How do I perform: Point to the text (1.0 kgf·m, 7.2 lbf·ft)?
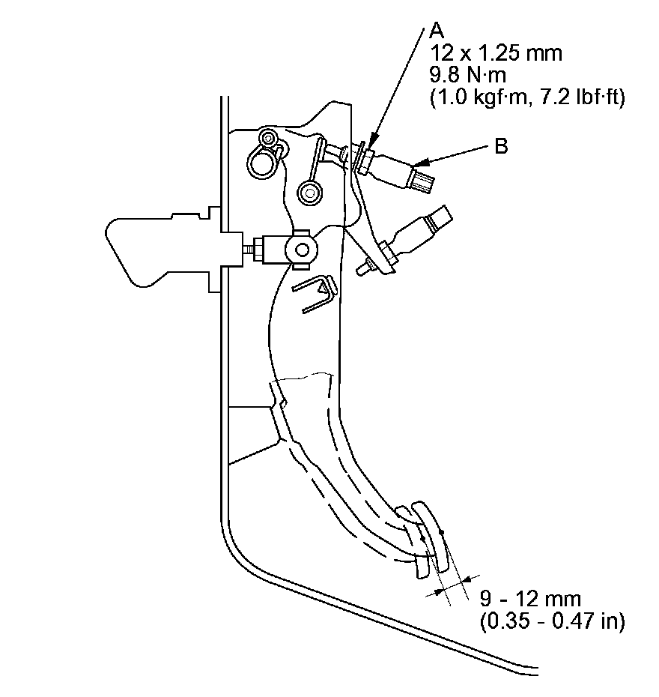coord(527,98)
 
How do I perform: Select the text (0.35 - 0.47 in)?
coord(550,621)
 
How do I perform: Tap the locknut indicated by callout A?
coord(364,159)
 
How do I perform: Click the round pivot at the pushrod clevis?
coord(302,248)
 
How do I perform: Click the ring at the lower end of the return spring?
coord(307,193)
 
